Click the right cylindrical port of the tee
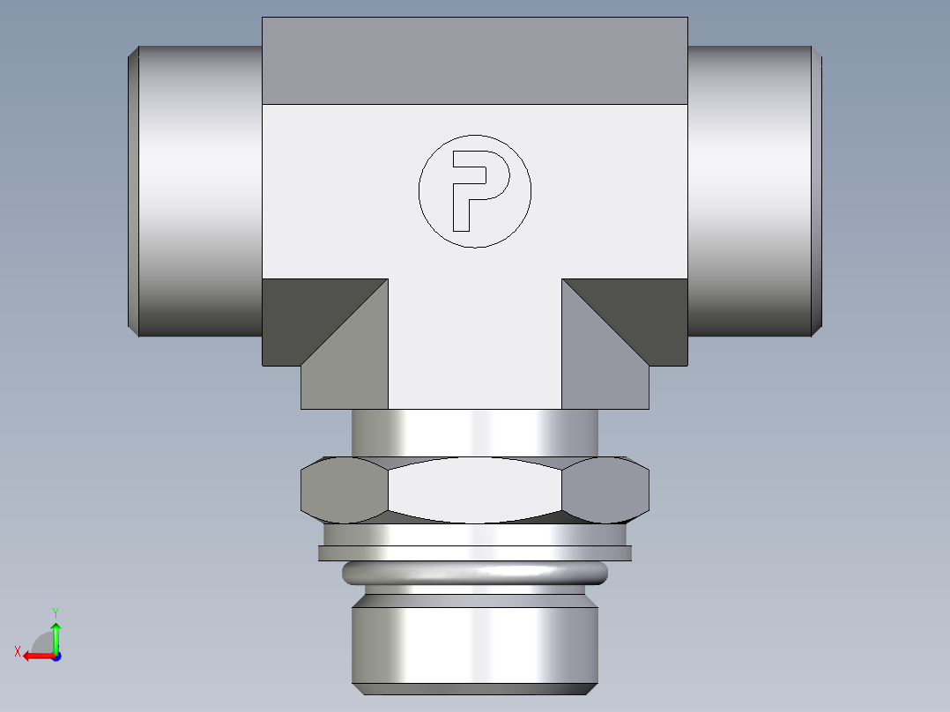(749, 189)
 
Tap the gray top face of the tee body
(474, 60)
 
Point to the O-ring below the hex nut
(474, 574)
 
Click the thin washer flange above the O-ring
(474, 553)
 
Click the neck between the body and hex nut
(474, 432)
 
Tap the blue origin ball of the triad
(56, 656)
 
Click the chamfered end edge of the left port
(133, 189)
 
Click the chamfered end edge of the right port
(817, 189)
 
